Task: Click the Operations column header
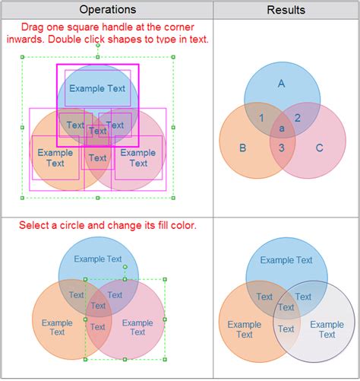click(x=108, y=10)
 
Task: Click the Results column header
click(x=286, y=10)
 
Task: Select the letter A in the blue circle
click(x=281, y=84)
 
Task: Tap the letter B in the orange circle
click(x=242, y=148)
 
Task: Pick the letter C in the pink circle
click(x=320, y=148)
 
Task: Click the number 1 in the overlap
click(x=261, y=118)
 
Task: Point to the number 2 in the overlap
click(x=298, y=118)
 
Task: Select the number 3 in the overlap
click(x=282, y=148)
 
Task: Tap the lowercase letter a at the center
click(x=282, y=129)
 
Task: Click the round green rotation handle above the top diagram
click(x=98, y=46)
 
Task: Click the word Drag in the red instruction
click(x=32, y=27)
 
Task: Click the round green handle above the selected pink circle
click(x=125, y=267)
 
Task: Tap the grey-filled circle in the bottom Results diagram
click(x=314, y=321)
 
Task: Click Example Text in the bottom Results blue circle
click(x=286, y=260)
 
